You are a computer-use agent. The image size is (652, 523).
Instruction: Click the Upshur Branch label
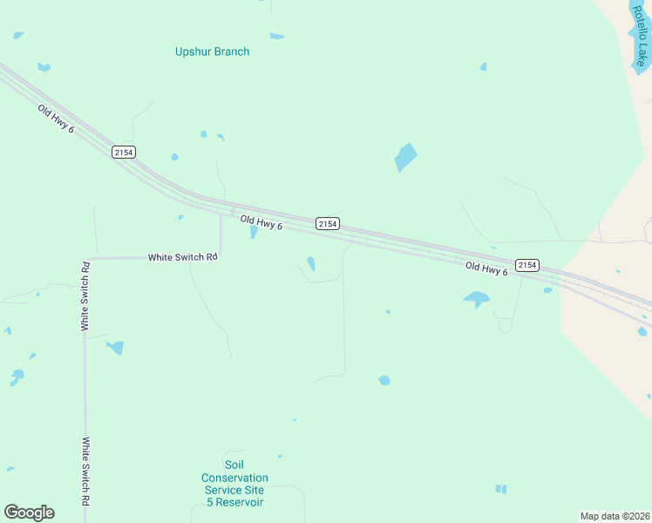pos(212,51)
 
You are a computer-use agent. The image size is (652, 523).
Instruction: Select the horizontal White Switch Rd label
pos(182,257)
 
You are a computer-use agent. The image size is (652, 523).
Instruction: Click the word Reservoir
pos(235,502)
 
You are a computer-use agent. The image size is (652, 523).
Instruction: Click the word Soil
pos(234,465)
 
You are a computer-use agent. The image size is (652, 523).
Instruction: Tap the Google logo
pos(29,513)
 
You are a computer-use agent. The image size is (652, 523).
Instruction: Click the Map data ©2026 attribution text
pos(615,515)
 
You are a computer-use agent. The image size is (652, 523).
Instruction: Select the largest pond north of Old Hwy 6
pos(405,157)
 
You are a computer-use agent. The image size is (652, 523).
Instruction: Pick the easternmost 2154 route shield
pos(526,264)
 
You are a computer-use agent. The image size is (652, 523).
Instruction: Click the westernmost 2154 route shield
pos(123,152)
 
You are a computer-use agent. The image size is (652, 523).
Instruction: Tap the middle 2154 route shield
pos(327,224)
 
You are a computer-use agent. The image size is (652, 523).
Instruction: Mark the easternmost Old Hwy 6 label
pos(486,269)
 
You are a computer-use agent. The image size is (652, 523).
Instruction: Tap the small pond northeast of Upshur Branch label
pos(276,36)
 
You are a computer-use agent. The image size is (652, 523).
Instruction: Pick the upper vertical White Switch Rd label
pos(85,296)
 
